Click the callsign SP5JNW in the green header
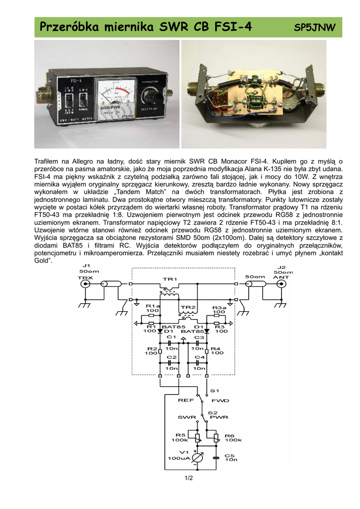(x=315, y=27)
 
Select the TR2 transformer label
(x=188, y=307)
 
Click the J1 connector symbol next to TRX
(x=86, y=284)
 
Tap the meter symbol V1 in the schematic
(x=198, y=458)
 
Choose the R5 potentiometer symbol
(x=198, y=438)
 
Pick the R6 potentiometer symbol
(x=216, y=438)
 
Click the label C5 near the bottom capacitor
(x=229, y=455)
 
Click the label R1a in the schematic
(x=152, y=306)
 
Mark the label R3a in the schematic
(x=219, y=308)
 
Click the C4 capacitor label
(x=199, y=357)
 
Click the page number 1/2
(x=188, y=478)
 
